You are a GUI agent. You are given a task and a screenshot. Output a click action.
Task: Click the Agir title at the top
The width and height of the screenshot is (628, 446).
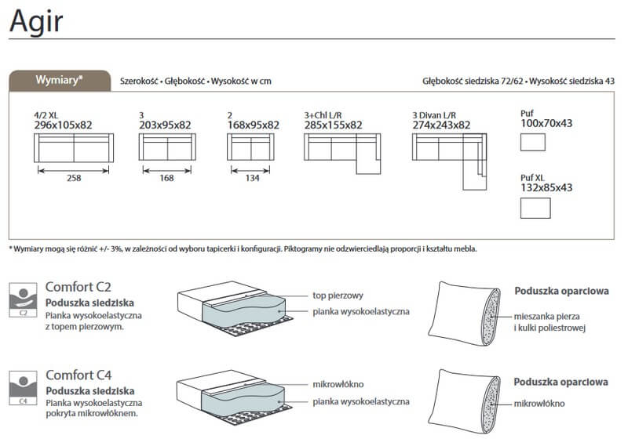tap(36, 22)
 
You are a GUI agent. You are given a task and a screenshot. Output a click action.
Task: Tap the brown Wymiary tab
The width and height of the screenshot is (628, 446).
tap(60, 81)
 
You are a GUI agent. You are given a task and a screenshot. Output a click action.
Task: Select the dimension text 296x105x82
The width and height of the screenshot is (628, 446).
tap(64, 125)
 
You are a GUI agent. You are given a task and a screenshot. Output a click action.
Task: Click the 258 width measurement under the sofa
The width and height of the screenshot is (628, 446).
tap(74, 178)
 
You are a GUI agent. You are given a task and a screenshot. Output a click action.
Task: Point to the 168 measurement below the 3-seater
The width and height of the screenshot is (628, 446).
tap(166, 178)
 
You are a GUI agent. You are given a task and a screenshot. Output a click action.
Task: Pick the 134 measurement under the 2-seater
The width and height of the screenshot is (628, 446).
tap(252, 178)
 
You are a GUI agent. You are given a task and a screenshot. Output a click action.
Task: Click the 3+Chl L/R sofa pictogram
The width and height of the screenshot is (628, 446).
tap(342, 154)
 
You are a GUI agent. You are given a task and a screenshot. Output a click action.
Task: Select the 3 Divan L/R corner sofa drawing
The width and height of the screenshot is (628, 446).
tap(449, 161)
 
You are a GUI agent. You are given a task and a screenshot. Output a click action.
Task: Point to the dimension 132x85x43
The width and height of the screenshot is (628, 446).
tap(546, 187)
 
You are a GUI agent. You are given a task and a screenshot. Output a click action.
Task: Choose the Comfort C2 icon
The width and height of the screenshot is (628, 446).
tap(24, 300)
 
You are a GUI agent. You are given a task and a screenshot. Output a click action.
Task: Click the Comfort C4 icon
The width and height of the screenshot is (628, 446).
tap(24, 387)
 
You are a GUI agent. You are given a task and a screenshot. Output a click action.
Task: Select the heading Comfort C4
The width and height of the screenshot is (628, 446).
tap(78, 375)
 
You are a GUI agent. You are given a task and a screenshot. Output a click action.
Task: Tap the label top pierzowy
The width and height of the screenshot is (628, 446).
tap(338, 296)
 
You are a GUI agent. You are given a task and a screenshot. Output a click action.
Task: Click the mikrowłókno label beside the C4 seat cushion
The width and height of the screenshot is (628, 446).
tap(338, 384)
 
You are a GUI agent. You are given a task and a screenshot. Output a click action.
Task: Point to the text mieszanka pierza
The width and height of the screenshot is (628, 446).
tap(546, 317)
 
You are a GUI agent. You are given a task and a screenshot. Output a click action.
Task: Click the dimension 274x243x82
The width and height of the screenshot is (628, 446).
tap(441, 125)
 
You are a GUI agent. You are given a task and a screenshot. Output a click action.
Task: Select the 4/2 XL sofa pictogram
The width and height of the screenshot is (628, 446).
tap(74, 147)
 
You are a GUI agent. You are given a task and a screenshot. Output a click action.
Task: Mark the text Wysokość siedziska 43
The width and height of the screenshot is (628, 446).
tap(571, 82)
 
